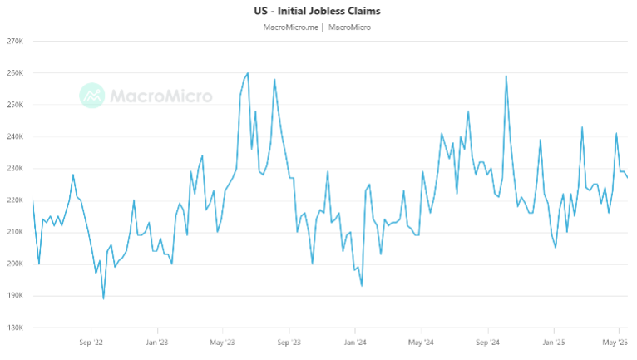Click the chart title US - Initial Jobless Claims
tap(318, 12)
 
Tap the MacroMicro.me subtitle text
tap(290, 27)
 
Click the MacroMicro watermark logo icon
tap(91, 95)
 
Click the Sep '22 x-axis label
tap(91, 342)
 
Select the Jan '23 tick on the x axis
tap(156, 342)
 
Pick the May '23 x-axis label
tap(222, 342)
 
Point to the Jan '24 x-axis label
tap(355, 342)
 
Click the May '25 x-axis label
tap(615, 342)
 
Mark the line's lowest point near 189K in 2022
tap(103, 298)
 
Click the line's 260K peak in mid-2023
tap(248, 73)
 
